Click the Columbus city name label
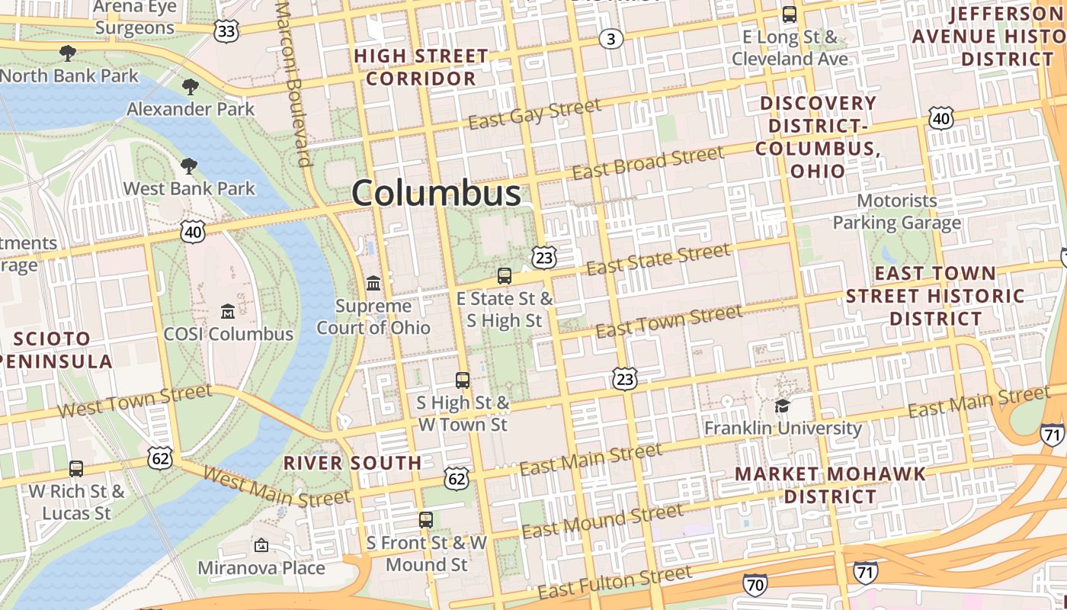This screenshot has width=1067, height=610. pos(436,193)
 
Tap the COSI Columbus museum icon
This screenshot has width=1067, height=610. pos(228,311)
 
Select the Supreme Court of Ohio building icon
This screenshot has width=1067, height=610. pos(373,284)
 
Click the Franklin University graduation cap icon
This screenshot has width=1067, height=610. pos(783,406)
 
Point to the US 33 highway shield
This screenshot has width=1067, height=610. pos(226,30)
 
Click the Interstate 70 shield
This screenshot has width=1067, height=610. pos(755,585)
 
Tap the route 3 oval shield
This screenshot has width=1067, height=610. pos(610,39)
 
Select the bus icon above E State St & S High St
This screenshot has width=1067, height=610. pos(504,276)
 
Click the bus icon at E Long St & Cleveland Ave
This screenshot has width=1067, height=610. pos(790,14)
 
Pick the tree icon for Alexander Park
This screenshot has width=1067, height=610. pos(191,87)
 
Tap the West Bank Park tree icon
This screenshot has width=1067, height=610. pos(189,166)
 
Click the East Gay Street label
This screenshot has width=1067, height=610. pos(534,114)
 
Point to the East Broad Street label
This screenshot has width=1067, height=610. pos(647,163)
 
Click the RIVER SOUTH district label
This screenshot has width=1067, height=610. pos(352,463)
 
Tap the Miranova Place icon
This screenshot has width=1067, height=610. pos(261,545)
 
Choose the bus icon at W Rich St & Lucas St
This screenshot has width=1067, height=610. pos(76,468)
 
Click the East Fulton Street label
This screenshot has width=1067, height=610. pos(614,582)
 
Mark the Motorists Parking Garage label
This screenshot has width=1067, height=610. pos(896,212)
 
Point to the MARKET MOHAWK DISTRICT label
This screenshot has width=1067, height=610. pos(831,485)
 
